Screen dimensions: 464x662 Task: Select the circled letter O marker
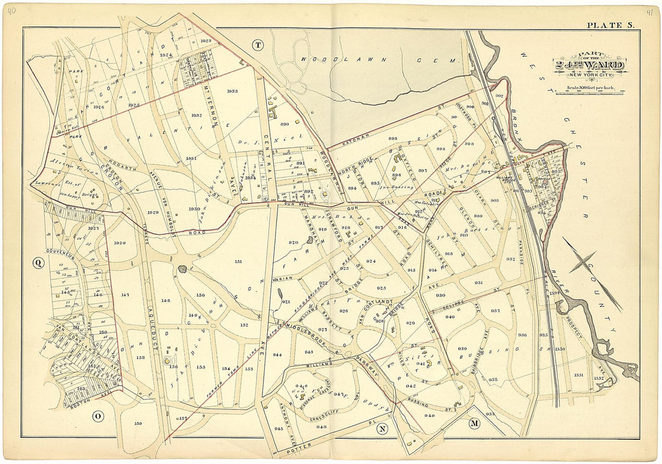click(x=97, y=416)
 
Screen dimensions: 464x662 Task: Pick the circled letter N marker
click(x=382, y=429)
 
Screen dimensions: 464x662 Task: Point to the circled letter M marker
click(x=474, y=424)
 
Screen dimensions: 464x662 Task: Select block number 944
click(x=277, y=355)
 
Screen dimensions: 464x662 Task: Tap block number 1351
click(x=578, y=375)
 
